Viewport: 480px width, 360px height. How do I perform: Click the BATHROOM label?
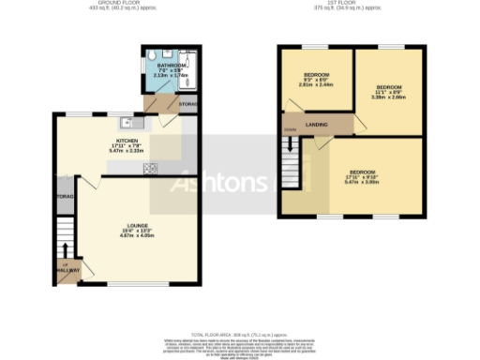pos(172,67)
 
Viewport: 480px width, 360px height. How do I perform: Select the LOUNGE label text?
pos(137,226)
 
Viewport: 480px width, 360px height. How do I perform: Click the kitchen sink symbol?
pos(128,122)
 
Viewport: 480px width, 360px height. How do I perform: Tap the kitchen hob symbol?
pos(149,168)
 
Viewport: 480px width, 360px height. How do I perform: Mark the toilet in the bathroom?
pos(156,54)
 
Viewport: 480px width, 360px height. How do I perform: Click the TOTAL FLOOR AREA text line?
pos(239,334)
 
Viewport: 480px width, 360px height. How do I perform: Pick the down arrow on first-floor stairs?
pos(290,144)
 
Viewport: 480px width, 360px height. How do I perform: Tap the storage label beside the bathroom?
pos(187,103)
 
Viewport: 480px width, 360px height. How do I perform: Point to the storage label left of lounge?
pos(64,199)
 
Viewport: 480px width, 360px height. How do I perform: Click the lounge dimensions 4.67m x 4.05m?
pos(137,236)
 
